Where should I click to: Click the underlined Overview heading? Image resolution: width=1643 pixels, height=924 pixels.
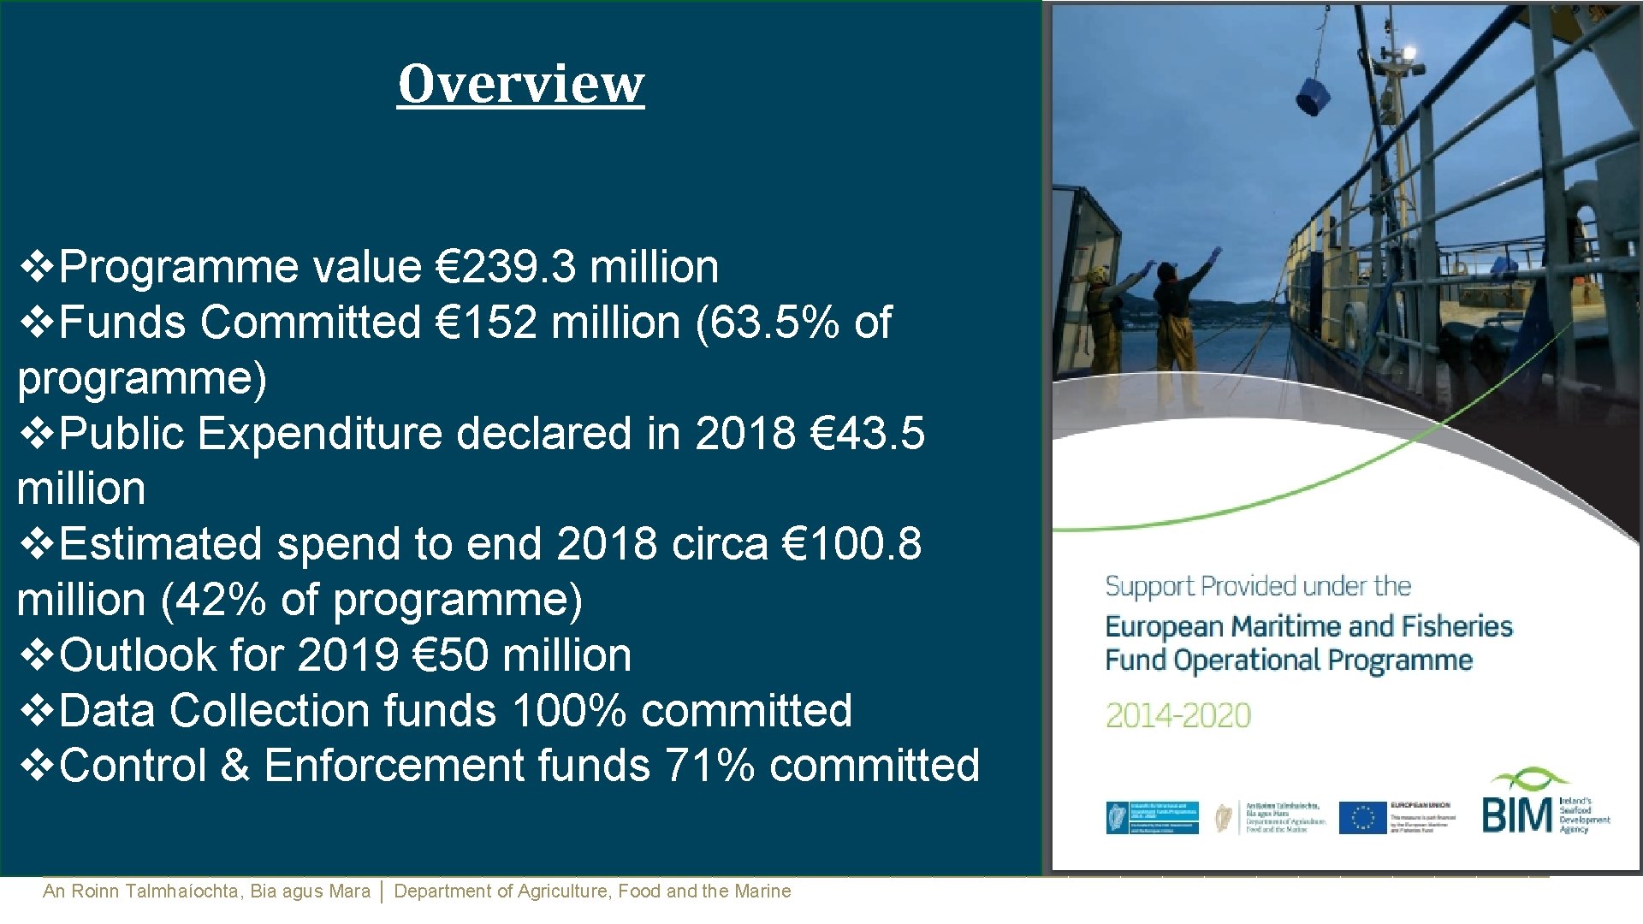pos(520,84)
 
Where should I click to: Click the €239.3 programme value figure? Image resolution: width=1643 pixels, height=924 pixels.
pos(506,267)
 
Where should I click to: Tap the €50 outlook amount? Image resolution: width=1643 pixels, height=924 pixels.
pos(449,655)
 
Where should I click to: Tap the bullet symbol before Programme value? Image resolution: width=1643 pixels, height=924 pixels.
pos(36,267)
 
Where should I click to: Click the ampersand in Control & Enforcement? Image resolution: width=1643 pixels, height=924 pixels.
pos(235,766)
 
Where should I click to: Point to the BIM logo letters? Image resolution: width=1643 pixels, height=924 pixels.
pos(1516,814)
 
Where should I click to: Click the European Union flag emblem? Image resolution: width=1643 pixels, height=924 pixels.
pos(1362,817)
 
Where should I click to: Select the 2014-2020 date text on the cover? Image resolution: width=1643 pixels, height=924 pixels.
pos(1177,715)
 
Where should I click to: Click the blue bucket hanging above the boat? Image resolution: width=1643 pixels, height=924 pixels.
pos(1311,96)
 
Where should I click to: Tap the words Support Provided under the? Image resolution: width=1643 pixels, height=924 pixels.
pos(1258,587)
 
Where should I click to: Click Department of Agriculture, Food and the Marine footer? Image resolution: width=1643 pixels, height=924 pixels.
pos(592,891)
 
